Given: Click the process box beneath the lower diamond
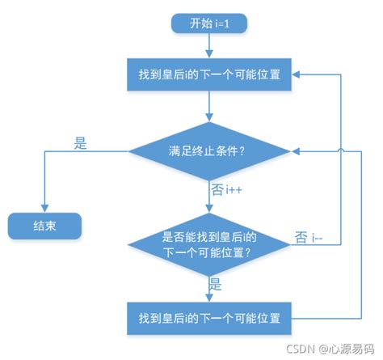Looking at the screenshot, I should click(x=209, y=316).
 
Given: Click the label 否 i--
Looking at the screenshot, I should click(x=311, y=237).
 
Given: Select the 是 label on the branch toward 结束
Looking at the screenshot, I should click(x=80, y=143).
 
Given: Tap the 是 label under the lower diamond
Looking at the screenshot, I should click(x=216, y=284).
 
